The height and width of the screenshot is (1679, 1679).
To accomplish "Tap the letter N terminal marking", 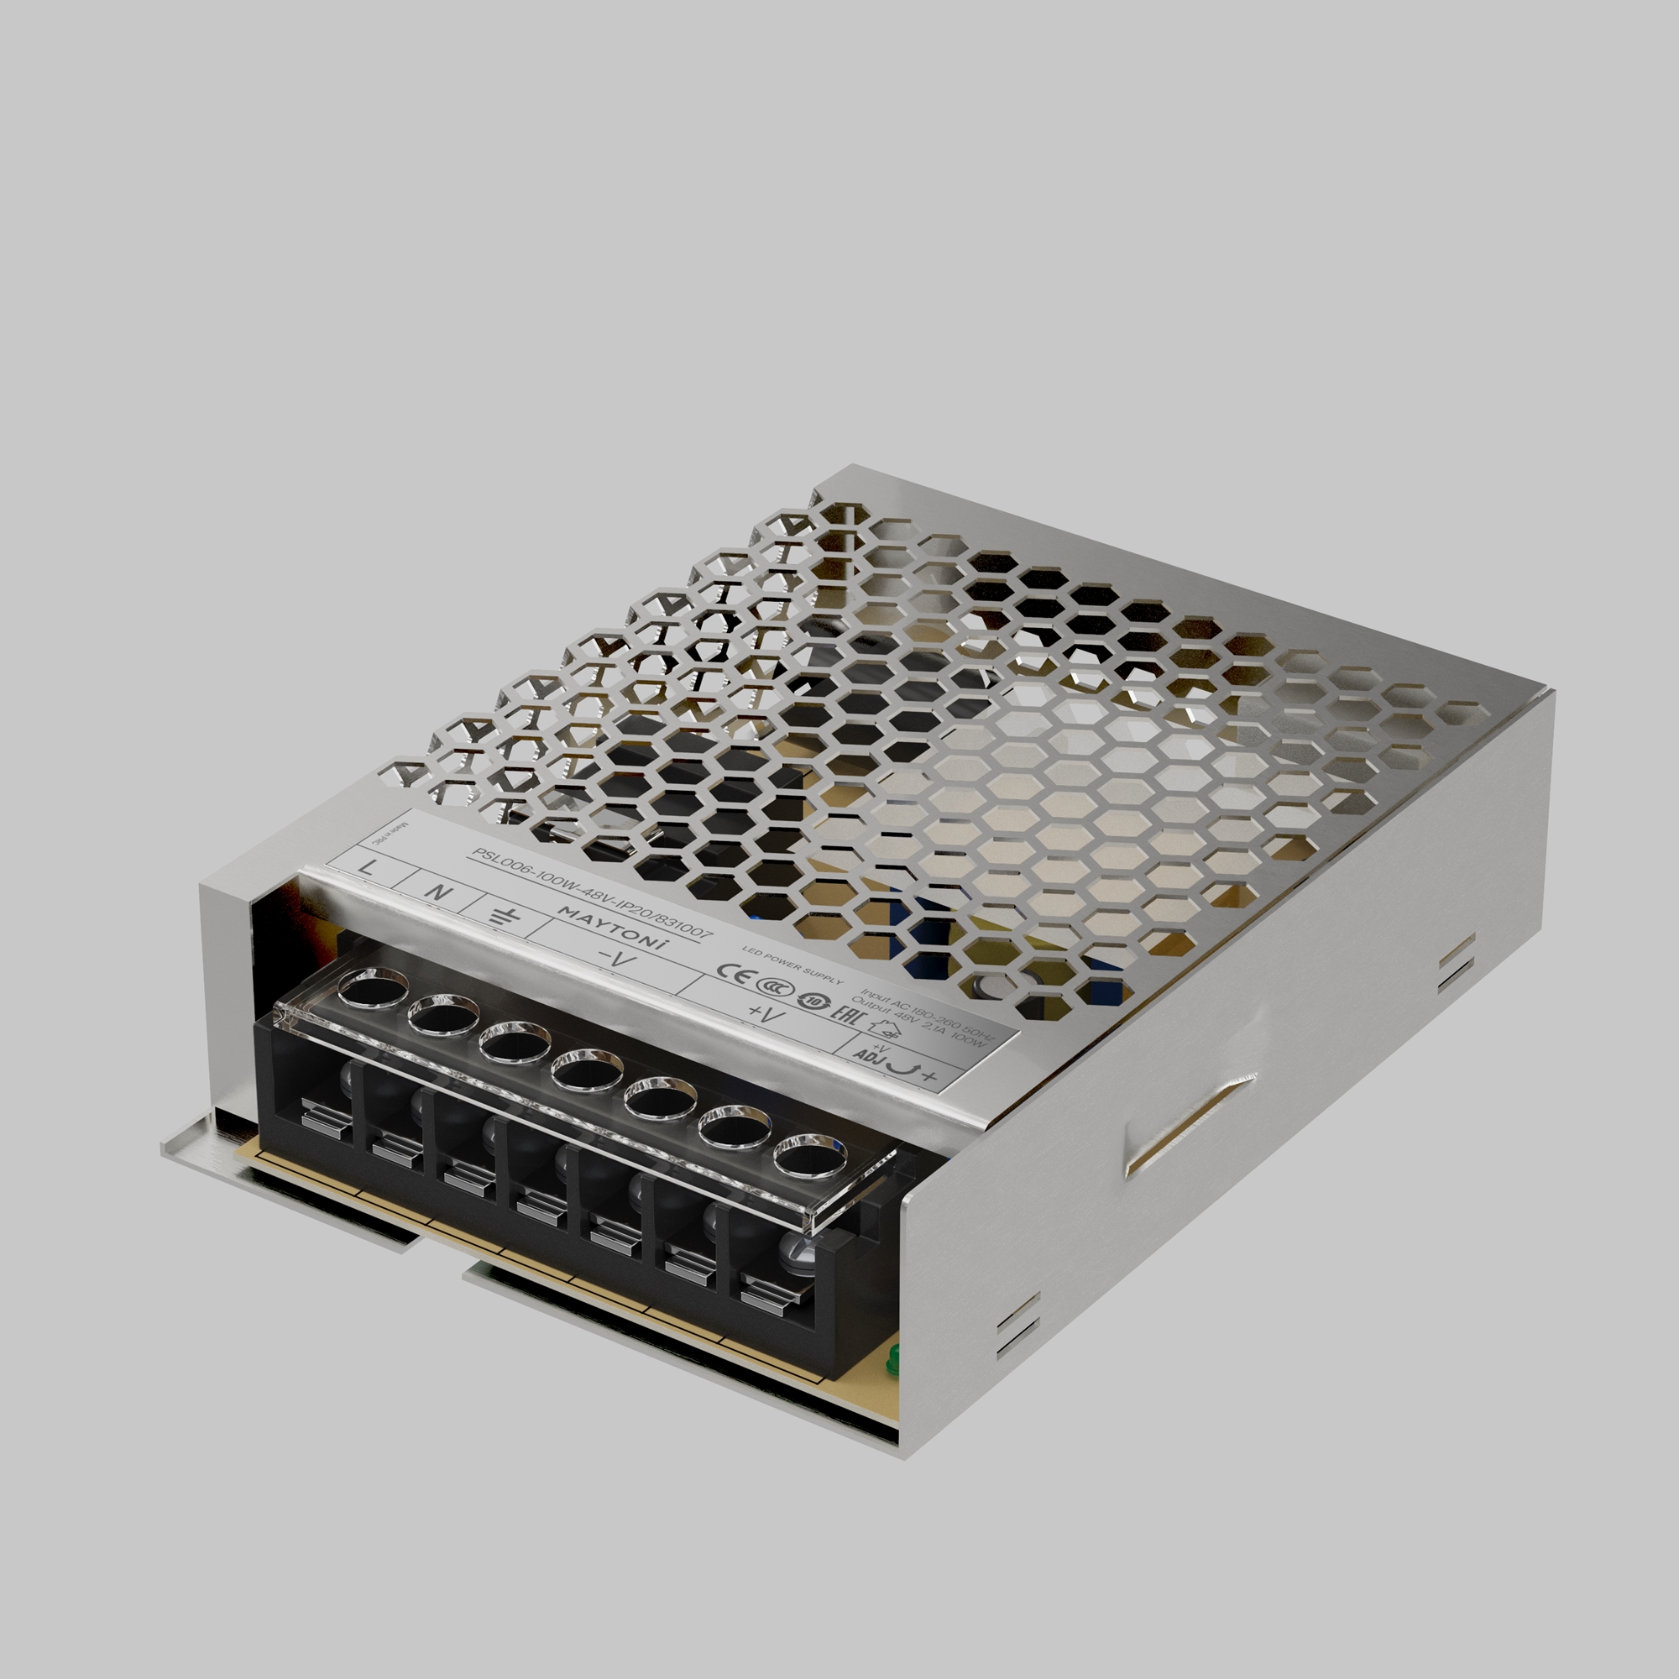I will tap(440, 892).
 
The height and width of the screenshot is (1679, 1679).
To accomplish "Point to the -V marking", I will tap(618, 960).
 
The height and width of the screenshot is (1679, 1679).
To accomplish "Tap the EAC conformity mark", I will tap(844, 1013).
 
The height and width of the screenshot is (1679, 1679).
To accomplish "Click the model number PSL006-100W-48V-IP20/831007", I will tap(591, 894).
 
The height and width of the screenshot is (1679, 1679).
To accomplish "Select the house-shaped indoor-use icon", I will tap(885, 1032).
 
